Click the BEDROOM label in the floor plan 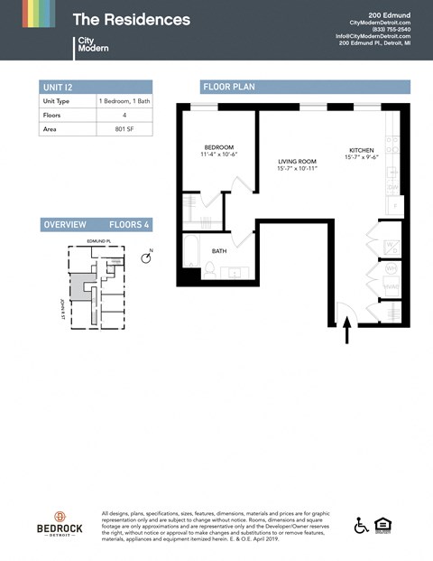(218, 147)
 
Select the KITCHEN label (361, 150)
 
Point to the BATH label (219, 251)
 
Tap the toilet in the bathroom (209, 270)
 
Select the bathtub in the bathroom (190, 254)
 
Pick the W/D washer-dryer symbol (392, 268)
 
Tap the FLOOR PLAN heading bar (305, 87)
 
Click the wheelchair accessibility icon (362, 525)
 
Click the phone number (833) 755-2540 (392, 29)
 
